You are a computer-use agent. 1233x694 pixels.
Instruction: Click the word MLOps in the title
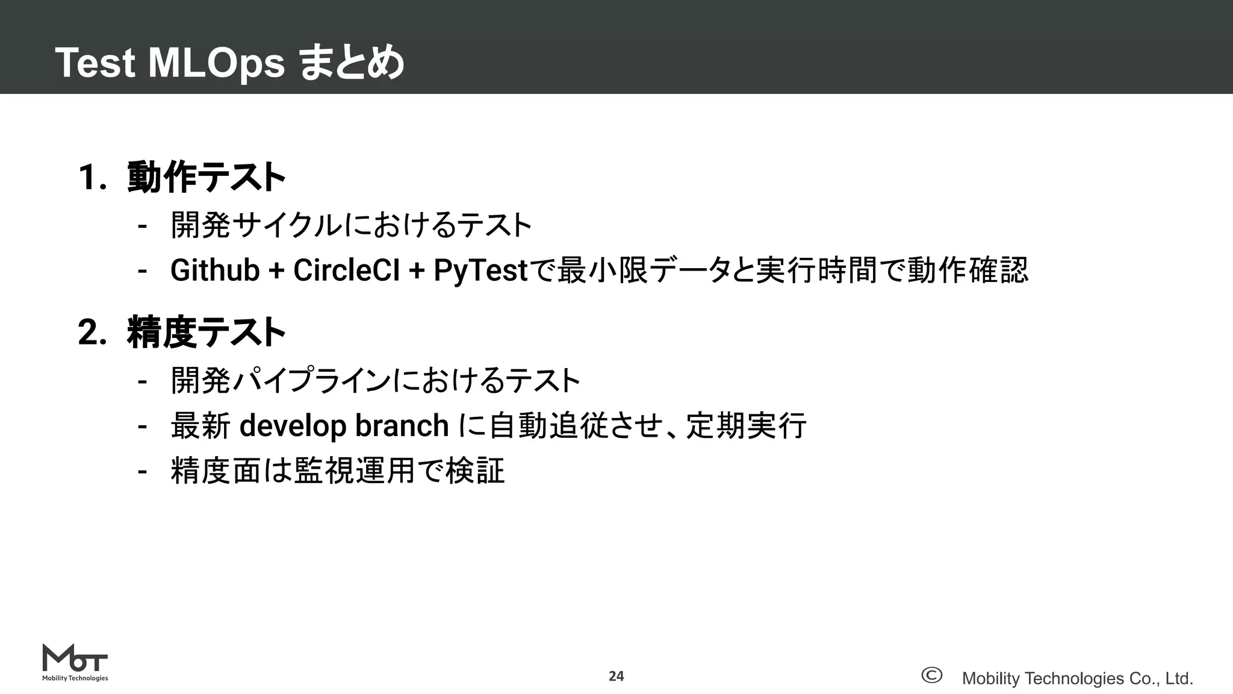click(x=216, y=63)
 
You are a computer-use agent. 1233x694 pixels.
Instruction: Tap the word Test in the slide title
click(x=95, y=63)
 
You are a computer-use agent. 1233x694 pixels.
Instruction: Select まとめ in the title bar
click(x=352, y=63)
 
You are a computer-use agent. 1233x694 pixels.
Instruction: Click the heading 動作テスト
click(x=207, y=177)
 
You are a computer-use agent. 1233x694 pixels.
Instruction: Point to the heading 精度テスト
click(x=207, y=332)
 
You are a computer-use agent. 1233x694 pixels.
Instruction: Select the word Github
click(x=214, y=270)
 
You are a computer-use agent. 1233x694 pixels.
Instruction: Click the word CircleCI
click(x=346, y=270)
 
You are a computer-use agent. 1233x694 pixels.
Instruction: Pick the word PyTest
click(x=480, y=270)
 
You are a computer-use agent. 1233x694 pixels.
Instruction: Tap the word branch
click(x=402, y=426)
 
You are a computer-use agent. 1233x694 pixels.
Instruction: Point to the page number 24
click(x=616, y=676)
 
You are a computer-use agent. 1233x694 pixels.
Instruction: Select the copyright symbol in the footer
click(x=931, y=675)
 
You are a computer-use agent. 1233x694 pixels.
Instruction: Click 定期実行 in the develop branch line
click(x=746, y=426)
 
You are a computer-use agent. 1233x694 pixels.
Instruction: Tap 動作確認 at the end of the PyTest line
click(x=967, y=270)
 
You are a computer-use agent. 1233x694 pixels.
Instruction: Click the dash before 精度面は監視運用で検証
click(x=142, y=470)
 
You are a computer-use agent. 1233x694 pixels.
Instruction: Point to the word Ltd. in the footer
click(x=1179, y=678)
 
